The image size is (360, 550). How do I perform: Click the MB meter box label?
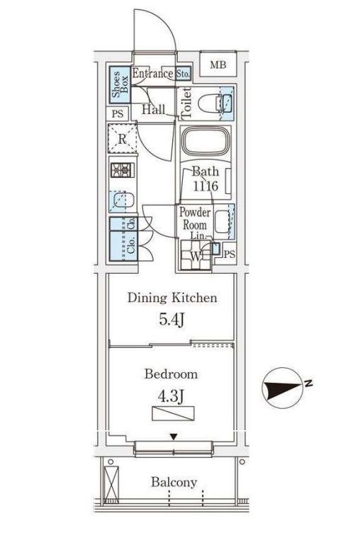218,64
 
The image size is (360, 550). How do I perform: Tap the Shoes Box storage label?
120,84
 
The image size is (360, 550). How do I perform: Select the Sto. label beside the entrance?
183,74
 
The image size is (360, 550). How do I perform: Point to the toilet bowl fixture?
210,103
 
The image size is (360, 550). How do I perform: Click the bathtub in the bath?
206,140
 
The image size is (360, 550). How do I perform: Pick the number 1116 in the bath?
206,186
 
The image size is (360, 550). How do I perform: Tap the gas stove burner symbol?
122,170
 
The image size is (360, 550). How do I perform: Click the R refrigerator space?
122,139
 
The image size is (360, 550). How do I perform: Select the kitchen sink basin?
121,201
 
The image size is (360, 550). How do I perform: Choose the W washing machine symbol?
196,255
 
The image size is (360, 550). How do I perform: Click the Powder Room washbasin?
222,221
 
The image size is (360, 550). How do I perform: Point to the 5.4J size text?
171,320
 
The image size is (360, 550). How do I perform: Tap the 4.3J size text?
171,397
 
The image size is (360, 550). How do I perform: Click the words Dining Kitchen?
172,298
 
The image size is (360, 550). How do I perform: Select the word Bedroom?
171,374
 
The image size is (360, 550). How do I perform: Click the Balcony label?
174,482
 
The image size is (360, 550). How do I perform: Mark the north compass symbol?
283,388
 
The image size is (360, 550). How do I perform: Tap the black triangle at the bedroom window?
174,437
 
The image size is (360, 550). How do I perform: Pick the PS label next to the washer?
229,254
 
